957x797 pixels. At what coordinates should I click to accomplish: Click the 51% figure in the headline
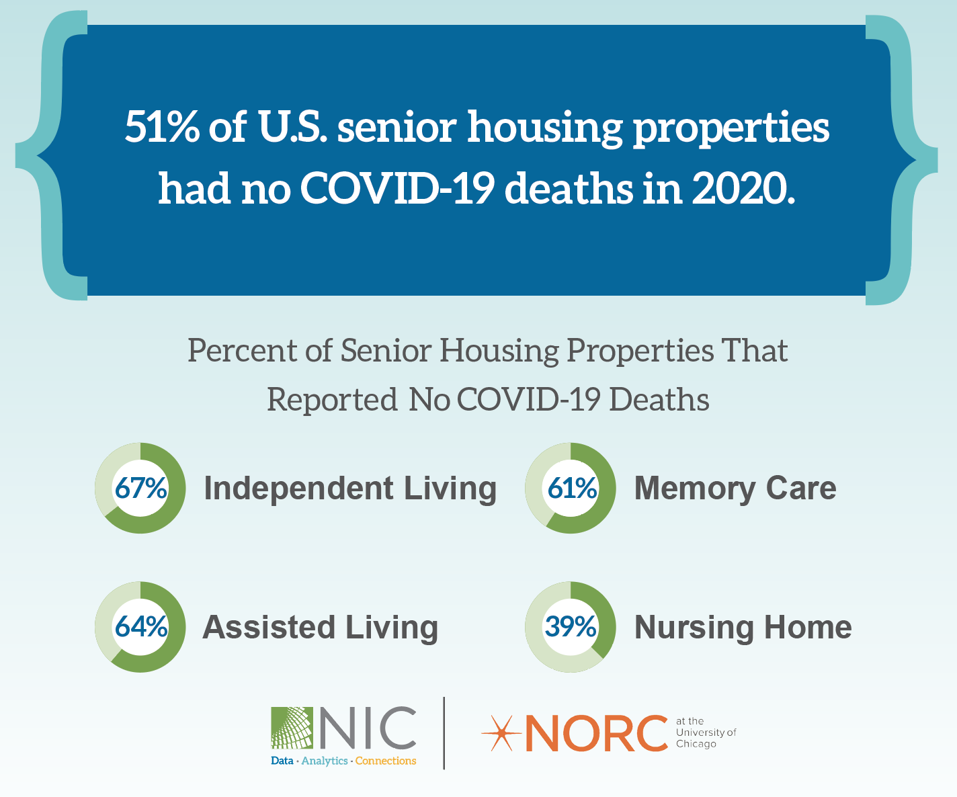[162, 126]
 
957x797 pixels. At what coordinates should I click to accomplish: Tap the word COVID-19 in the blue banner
[397, 188]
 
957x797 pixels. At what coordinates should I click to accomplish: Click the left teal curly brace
[52, 155]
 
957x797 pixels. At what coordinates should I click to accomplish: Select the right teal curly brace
[901, 160]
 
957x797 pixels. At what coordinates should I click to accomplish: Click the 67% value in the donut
[140, 488]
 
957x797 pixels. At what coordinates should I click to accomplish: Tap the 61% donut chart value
[571, 488]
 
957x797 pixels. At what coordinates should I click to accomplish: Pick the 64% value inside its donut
[140, 627]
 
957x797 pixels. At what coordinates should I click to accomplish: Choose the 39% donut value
[571, 627]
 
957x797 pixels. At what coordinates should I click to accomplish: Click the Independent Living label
[350, 489]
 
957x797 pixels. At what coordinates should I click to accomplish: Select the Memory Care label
[735, 489]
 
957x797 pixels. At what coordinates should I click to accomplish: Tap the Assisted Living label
[321, 628]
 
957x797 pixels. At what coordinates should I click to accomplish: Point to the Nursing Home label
[743, 628]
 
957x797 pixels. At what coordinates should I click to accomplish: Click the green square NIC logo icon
[292, 728]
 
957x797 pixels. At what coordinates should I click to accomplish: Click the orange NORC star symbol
[501, 734]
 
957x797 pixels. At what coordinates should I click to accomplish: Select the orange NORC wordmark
[596, 733]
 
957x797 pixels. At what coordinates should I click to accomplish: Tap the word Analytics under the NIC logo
[325, 761]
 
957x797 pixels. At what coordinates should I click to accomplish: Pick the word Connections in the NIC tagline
[386, 761]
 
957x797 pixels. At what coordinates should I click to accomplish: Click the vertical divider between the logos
[444, 733]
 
